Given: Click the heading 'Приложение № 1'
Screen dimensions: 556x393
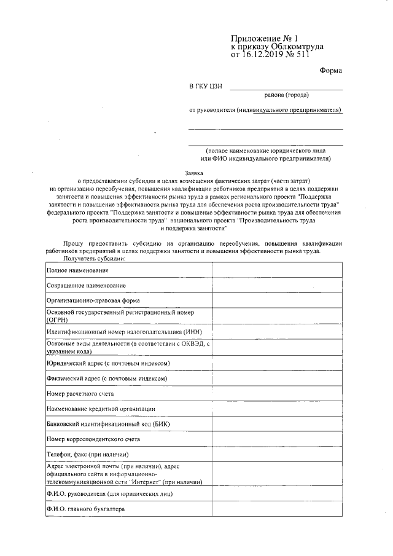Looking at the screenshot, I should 263,38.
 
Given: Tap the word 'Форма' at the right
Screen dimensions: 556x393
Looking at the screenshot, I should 330,71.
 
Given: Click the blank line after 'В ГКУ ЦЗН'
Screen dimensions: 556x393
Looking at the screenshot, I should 286,88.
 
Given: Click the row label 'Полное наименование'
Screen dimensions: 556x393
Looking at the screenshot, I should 78,271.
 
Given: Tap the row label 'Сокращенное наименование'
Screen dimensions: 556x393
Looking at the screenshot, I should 87,286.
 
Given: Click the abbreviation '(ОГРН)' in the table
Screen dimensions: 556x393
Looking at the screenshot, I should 57,321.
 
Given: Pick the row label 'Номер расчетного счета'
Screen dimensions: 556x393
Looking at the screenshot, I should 80,393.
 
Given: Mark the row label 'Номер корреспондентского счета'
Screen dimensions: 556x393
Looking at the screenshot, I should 93,439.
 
